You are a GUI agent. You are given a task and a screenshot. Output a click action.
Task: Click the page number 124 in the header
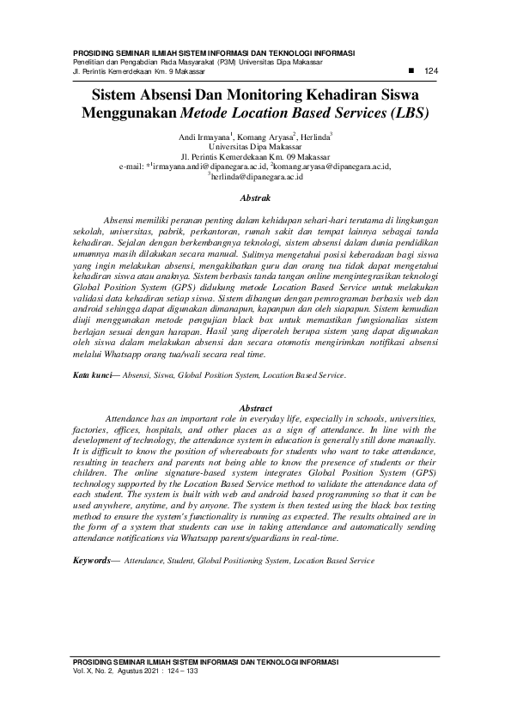point(432,70)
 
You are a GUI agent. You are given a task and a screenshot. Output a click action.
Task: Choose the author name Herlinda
point(315,137)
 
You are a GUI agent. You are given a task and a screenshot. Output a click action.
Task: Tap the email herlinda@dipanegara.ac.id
point(258,176)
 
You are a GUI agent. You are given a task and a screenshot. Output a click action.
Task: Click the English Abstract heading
point(255,408)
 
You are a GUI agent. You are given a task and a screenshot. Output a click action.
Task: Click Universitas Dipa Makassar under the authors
point(255,147)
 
